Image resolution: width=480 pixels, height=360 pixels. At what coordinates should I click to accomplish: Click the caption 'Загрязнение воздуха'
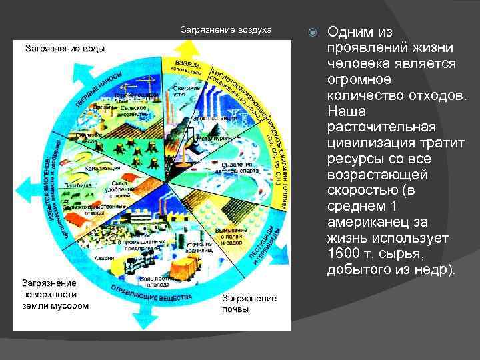[x=226, y=30]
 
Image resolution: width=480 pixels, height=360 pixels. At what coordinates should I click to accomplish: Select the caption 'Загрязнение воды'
[x=65, y=48]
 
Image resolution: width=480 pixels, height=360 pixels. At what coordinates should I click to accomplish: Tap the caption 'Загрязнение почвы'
[x=249, y=304]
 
